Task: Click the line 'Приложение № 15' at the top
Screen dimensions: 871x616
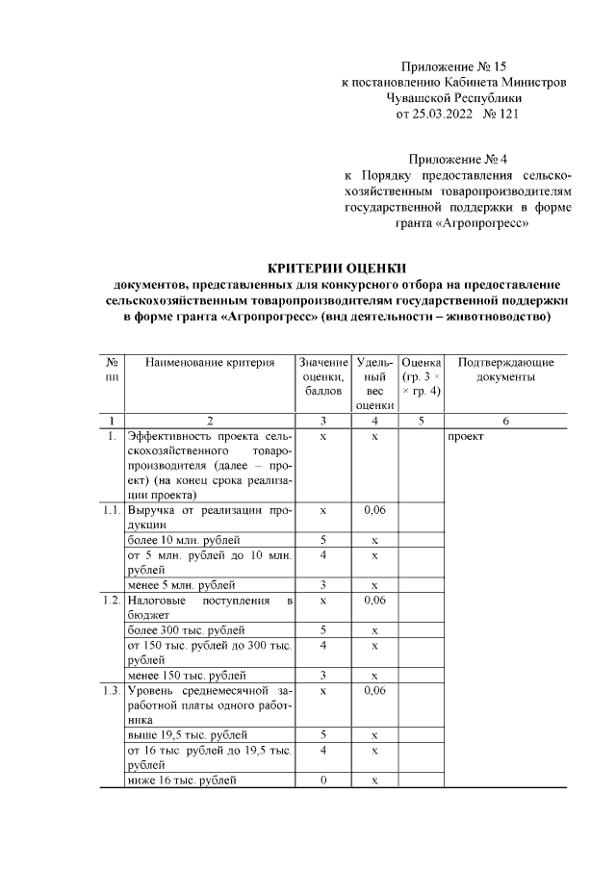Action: (457, 66)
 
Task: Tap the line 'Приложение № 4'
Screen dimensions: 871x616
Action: (457, 159)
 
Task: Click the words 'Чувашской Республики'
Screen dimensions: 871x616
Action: (454, 98)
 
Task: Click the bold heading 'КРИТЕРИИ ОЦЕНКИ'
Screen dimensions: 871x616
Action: (337, 268)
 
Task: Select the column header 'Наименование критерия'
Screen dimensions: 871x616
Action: (210, 363)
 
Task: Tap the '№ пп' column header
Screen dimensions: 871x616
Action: (112, 370)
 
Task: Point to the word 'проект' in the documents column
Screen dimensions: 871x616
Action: (465, 437)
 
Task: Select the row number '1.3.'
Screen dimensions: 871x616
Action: (112, 691)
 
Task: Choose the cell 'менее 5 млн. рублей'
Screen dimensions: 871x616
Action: (181, 584)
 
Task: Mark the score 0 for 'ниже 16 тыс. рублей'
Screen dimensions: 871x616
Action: (323, 780)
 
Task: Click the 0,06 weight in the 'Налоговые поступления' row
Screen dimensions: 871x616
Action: (375, 601)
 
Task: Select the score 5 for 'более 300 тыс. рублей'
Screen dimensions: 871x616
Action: (323, 630)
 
